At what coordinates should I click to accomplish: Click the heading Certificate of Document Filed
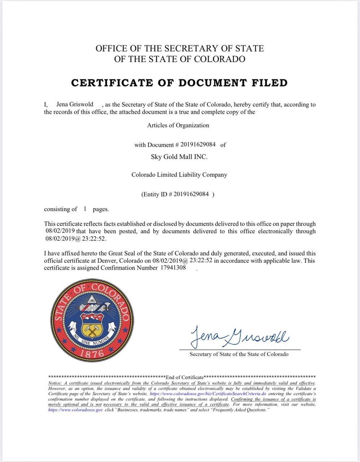click(x=179, y=83)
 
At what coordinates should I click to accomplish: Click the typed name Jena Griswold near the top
click(x=75, y=104)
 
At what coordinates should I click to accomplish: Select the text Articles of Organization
click(x=178, y=125)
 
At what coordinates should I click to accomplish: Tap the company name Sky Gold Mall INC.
click(x=179, y=157)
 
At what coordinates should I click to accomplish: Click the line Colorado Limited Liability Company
click(x=179, y=175)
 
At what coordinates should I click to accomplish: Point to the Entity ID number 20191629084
click(x=191, y=194)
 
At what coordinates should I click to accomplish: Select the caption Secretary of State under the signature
click(x=239, y=354)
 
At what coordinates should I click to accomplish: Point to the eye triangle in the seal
click(x=92, y=298)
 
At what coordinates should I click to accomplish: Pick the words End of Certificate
click(x=185, y=377)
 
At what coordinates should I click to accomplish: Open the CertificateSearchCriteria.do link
click(x=208, y=394)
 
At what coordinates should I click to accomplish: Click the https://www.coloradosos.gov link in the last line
click(x=75, y=410)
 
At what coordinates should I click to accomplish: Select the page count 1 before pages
click(x=85, y=209)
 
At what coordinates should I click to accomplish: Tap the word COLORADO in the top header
click(x=220, y=59)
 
